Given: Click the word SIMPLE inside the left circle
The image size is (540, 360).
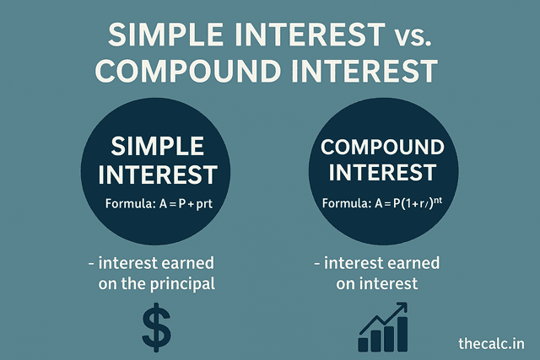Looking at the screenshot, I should point(157,145).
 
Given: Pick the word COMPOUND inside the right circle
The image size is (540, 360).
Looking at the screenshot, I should point(382,148).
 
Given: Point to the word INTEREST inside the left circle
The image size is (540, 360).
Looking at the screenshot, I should point(157,175).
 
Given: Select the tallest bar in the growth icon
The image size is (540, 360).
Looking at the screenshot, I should point(402,334).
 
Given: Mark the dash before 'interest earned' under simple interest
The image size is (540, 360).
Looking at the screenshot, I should point(90,264).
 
